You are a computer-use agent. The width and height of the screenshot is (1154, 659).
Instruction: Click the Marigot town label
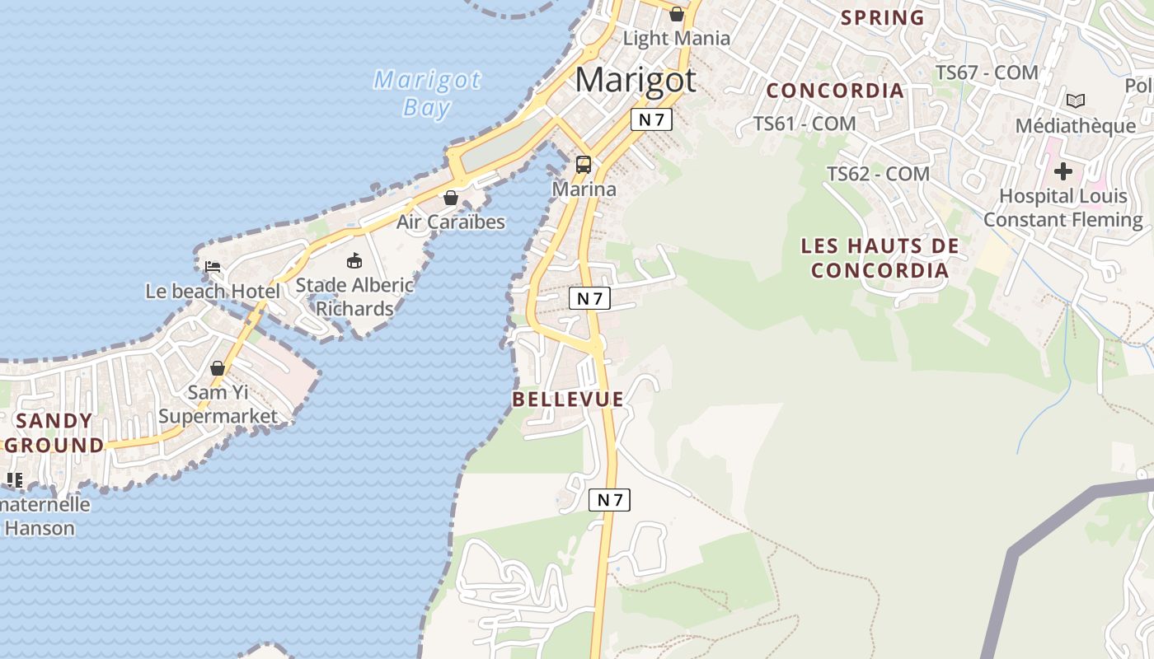point(636,80)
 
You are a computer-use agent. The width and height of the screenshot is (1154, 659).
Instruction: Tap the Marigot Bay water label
point(427,93)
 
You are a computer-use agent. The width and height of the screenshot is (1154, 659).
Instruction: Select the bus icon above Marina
point(584,164)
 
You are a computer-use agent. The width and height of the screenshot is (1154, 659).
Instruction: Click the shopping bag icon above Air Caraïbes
point(451,198)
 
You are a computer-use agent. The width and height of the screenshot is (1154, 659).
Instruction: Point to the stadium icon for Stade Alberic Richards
point(354,260)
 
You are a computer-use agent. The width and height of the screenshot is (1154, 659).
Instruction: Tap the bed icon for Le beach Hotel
point(212,266)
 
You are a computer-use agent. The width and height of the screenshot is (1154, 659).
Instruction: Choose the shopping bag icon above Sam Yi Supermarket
point(218,367)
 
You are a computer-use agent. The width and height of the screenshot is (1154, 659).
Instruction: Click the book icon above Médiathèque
point(1075,100)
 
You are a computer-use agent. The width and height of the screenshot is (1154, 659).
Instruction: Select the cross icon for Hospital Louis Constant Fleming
point(1063,171)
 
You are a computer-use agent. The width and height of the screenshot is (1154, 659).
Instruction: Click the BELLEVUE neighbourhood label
point(568,400)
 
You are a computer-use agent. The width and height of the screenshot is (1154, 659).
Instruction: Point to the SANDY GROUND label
point(55,433)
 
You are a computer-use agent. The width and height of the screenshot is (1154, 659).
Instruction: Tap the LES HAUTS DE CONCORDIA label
point(880,258)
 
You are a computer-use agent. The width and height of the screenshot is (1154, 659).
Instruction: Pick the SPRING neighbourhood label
point(882,17)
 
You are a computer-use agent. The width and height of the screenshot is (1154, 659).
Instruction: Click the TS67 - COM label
point(987,72)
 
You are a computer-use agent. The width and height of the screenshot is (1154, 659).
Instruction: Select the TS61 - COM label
point(805,124)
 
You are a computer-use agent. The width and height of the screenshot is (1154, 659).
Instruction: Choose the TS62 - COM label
point(878,174)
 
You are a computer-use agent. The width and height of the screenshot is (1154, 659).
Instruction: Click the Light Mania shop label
point(676,38)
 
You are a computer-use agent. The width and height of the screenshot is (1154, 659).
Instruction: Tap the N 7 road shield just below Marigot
point(651,119)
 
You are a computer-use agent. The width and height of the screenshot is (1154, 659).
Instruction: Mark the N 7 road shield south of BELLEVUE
point(609,499)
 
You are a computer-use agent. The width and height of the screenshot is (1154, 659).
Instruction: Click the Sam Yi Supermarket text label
point(218,404)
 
